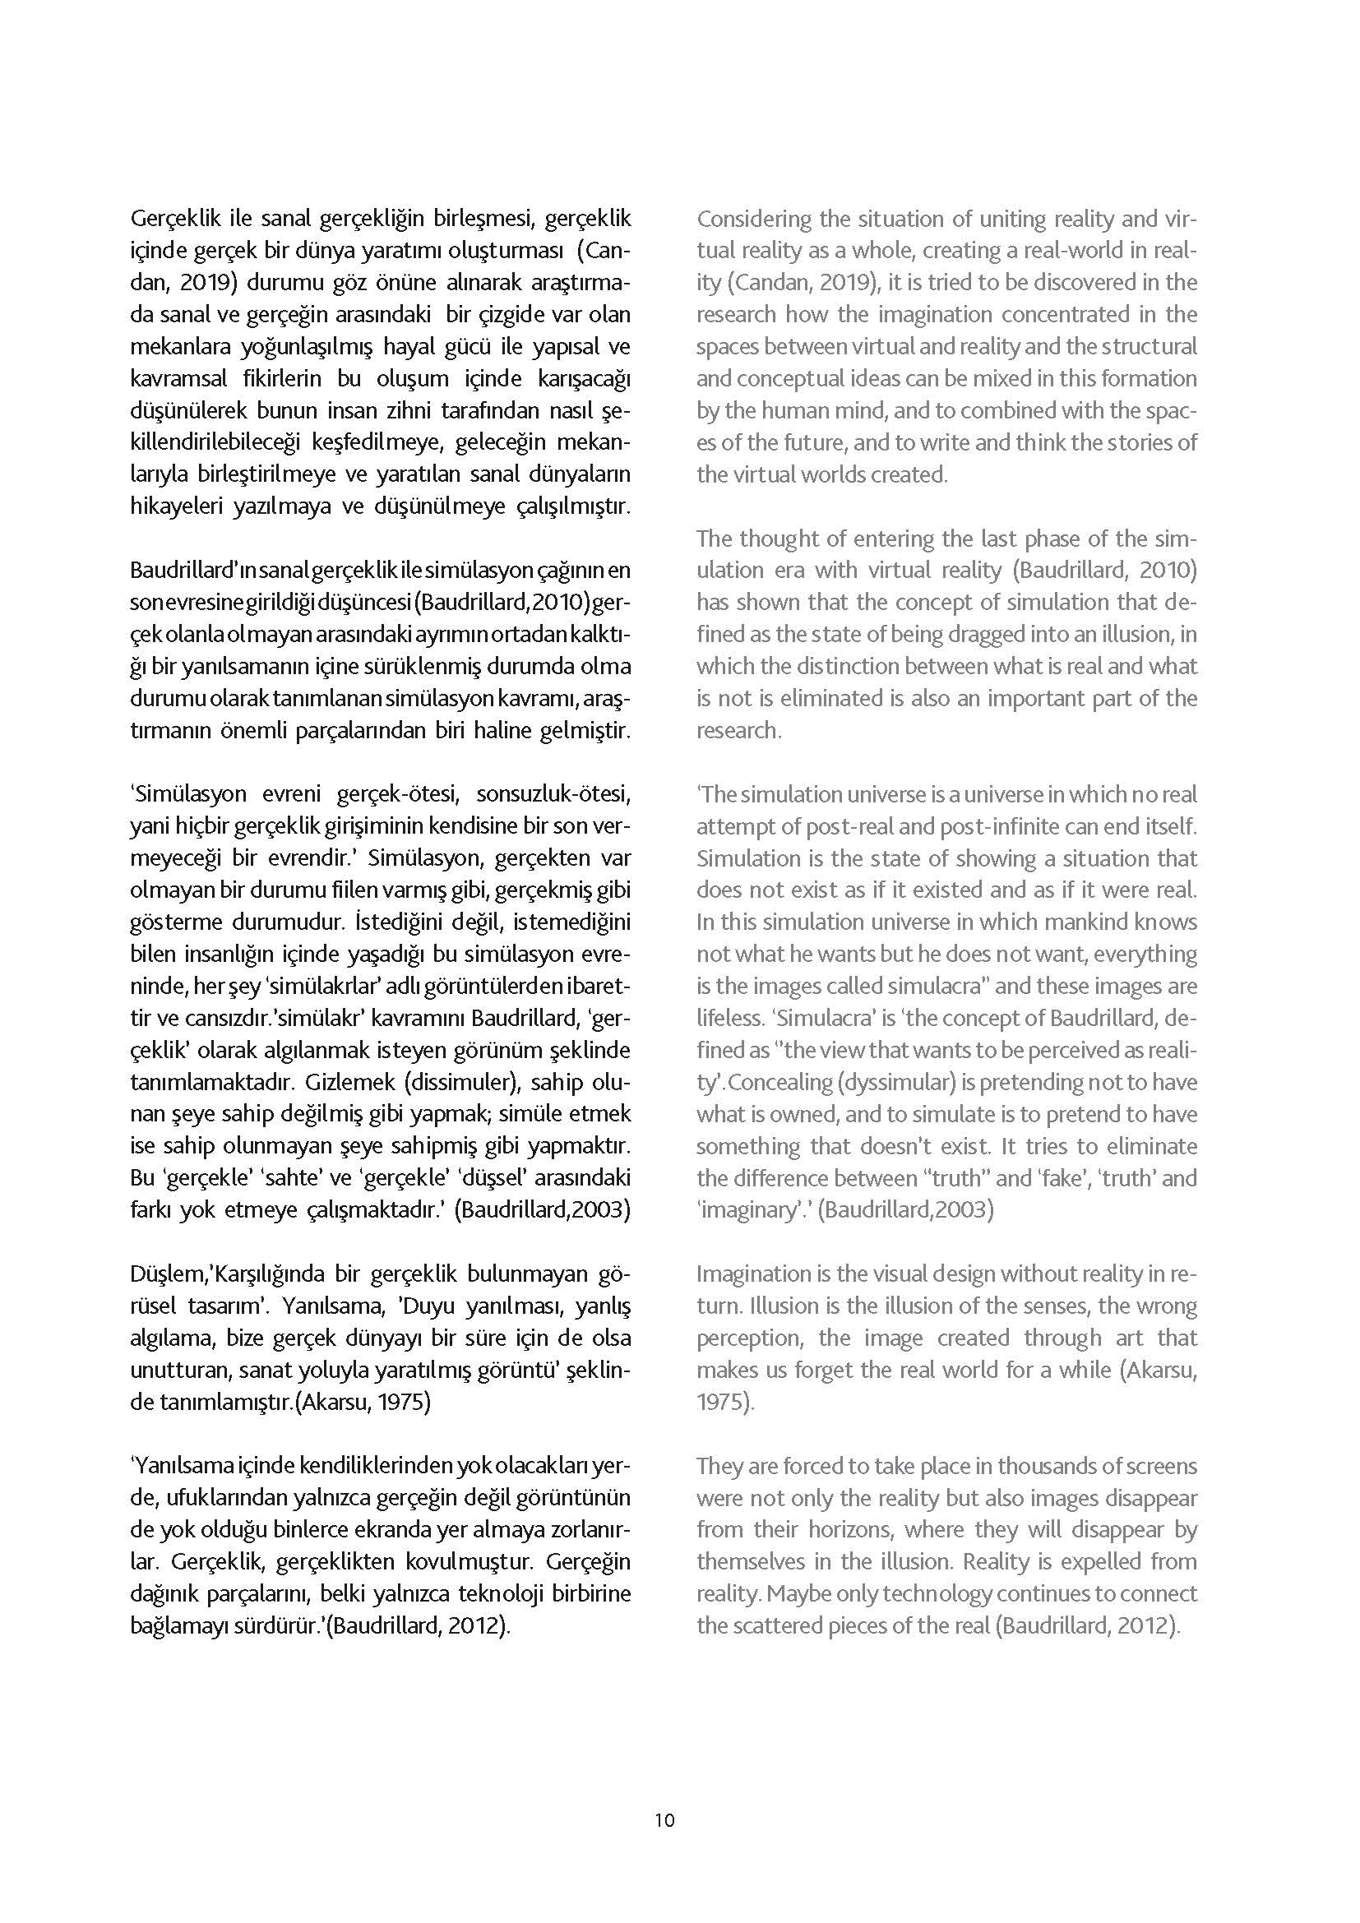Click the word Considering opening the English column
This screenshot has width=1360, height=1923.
click(x=755, y=220)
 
